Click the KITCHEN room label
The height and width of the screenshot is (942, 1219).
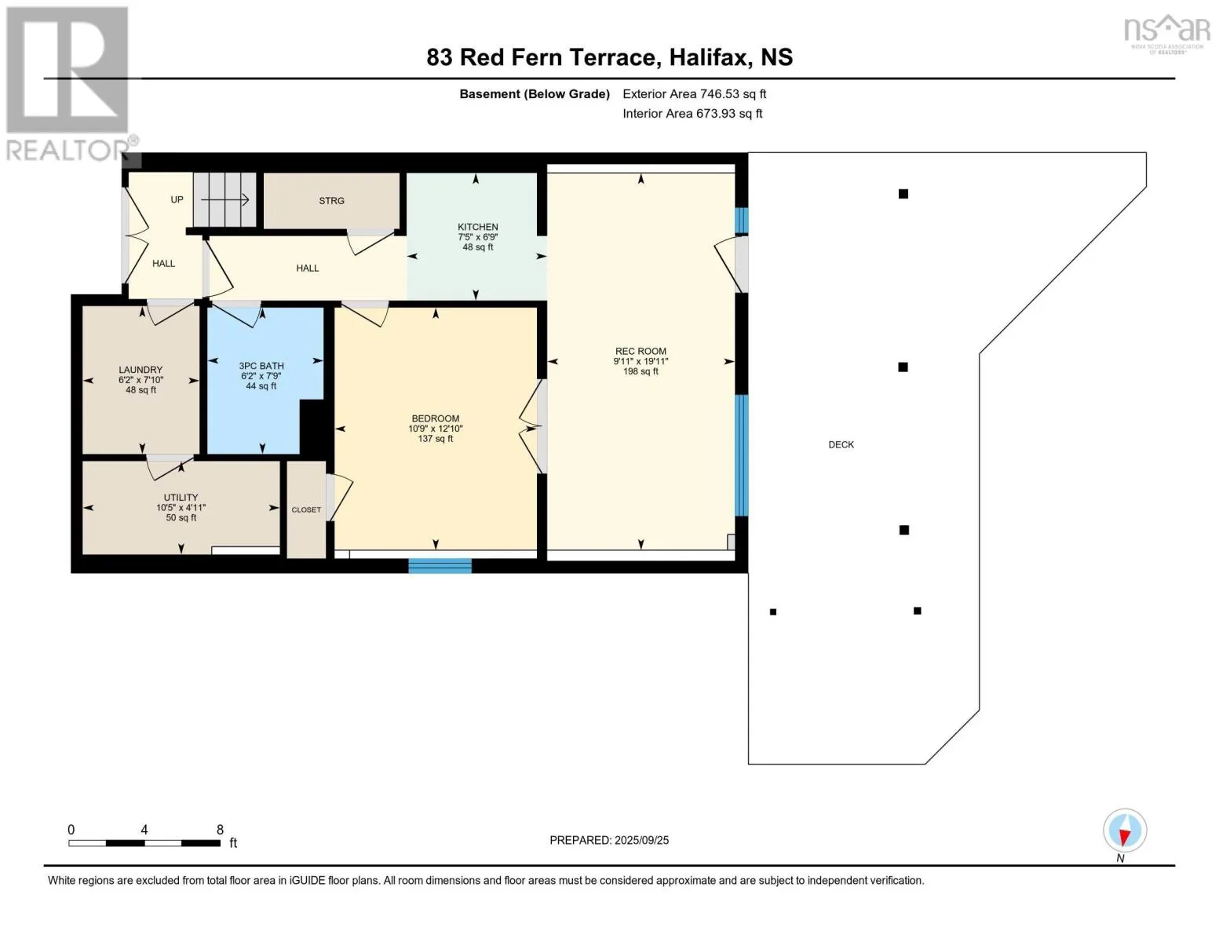(x=477, y=227)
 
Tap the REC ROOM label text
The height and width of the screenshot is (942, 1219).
(x=641, y=351)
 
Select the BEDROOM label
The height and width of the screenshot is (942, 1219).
(x=436, y=418)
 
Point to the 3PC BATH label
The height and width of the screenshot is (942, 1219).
(x=261, y=366)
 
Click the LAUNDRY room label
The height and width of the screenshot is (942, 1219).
(x=141, y=370)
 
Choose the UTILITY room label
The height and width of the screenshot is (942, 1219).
(x=181, y=498)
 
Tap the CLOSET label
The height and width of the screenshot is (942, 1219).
(x=306, y=510)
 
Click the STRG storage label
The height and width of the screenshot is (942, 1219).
(x=331, y=201)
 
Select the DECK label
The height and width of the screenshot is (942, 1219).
(x=841, y=445)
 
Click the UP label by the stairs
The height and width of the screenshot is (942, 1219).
(x=177, y=199)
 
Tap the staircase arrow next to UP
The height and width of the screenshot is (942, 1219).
(x=225, y=199)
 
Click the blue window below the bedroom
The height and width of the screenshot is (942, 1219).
(x=440, y=565)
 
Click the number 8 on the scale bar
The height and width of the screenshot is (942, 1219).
(x=220, y=830)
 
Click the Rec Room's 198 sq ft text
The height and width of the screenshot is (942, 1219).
(x=641, y=371)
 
